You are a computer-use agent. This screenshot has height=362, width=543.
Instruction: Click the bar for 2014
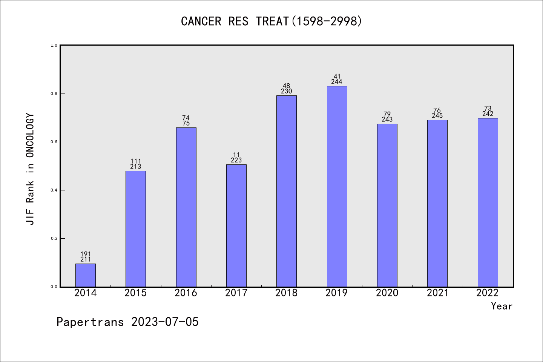point(86,275)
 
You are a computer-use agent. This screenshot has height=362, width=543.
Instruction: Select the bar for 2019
point(337,186)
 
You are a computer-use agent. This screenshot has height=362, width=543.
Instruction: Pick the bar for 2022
point(488,202)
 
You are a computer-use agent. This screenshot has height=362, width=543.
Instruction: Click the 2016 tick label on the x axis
point(186,293)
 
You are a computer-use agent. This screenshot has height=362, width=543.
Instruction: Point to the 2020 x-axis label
point(387,293)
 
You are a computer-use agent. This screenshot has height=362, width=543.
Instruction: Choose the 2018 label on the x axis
point(287,293)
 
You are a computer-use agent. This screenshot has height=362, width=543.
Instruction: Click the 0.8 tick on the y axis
point(54,94)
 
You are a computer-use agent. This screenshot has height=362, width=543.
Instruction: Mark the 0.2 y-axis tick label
point(54,238)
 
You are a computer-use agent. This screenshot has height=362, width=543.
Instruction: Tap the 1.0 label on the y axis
point(54,45)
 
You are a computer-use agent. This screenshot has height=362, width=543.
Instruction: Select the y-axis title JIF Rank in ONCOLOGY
point(30,169)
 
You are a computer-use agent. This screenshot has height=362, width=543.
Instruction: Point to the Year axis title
point(502,306)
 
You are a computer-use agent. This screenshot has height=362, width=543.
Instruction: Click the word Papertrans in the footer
point(90,322)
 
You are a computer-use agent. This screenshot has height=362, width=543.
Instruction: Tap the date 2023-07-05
point(165,322)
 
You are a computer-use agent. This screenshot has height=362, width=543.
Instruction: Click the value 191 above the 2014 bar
point(86,254)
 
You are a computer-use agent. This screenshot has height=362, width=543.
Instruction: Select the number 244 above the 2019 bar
point(337,82)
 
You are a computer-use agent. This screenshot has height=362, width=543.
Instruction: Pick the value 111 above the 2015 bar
point(136,161)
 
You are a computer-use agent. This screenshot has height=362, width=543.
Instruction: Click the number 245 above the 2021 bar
point(437,116)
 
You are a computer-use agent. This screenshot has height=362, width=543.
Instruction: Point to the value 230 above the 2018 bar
point(287,91)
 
